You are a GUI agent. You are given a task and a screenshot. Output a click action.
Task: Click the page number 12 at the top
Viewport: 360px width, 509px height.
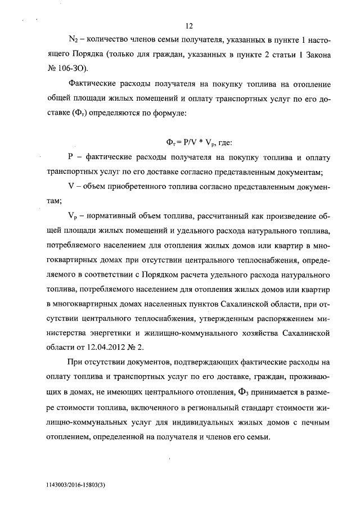[x=189, y=26]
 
